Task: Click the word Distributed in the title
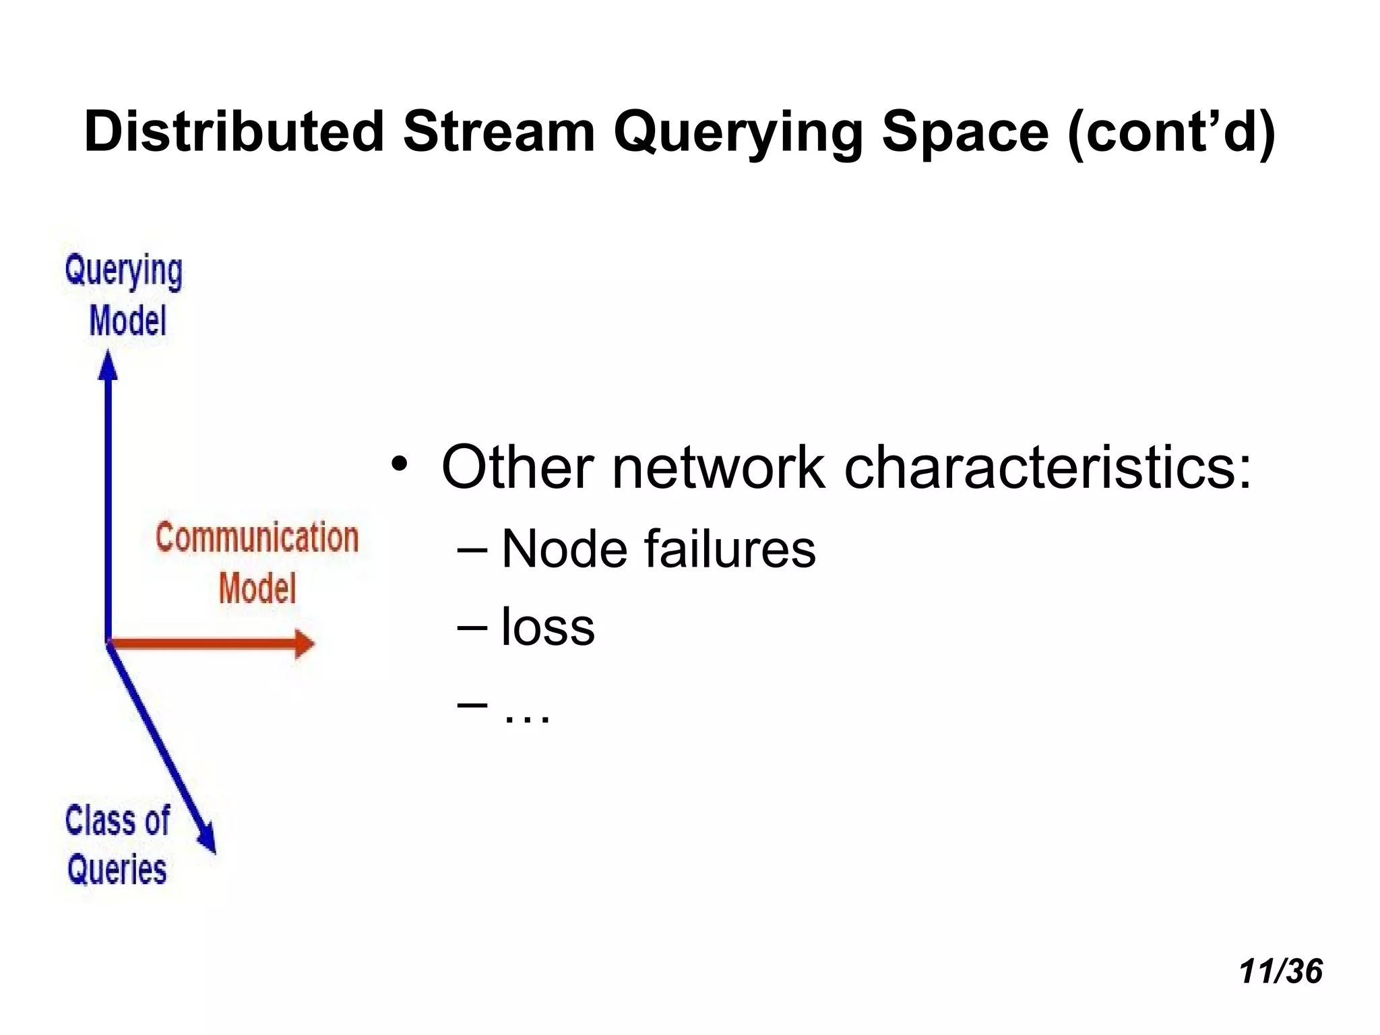pyautogui.click(x=234, y=131)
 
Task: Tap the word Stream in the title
pyautogui.click(x=499, y=131)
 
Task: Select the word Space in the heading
pyautogui.click(x=965, y=131)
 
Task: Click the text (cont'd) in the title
pyautogui.click(x=1171, y=133)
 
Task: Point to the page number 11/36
pyautogui.click(x=1280, y=972)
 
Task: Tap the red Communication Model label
pyautogui.click(x=257, y=563)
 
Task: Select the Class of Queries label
pyautogui.click(x=118, y=845)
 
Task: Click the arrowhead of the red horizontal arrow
pyautogui.click(x=305, y=644)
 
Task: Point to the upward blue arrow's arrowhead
pyautogui.click(x=108, y=366)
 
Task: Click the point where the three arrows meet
pyautogui.click(x=108, y=644)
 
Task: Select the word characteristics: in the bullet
pyautogui.click(x=1048, y=468)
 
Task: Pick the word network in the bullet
pyautogui.click(x=718, y=468)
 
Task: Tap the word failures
pyautogui.click(x=730, y=548)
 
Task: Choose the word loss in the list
pyautogui.click(x=548, y=627)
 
